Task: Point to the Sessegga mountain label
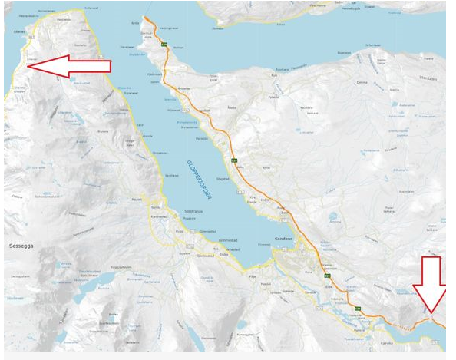point(20,247)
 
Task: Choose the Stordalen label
point(427,78)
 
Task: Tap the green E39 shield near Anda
point(164,45)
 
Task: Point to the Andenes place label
point(183,88)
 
